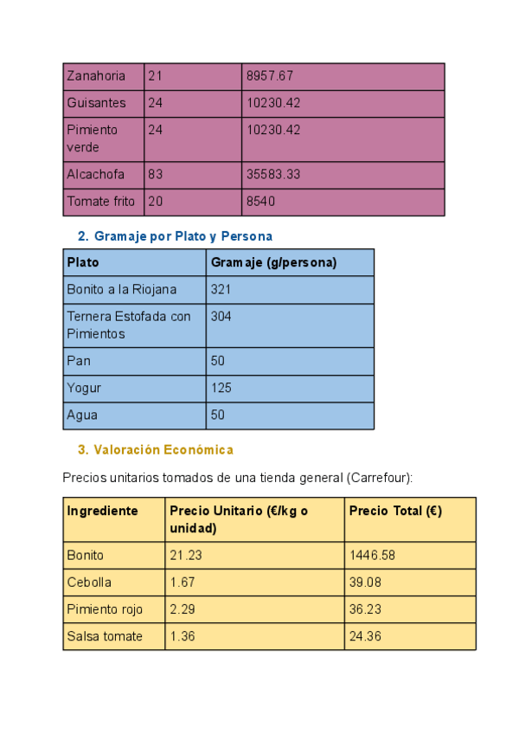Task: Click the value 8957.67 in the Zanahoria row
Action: click(x=270, y=76)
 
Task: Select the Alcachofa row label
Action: click(x=95, y=174)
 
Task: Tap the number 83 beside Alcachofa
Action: click(x=156, y=174)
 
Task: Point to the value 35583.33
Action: click(x=273, y=174)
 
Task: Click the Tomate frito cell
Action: click(x=100, y=202)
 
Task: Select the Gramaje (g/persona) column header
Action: click(x=273, y=262)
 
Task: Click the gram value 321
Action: click(x=221, y=289)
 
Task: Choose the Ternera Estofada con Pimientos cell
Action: click(x=128, y=325)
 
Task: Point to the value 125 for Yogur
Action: click(x=221, y=388)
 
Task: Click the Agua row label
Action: click(x=82, y=415)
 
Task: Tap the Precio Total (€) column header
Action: click(x=395, y=511)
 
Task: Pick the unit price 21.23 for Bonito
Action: click(x=186, y=555)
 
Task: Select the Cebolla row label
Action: click(x=89, y=582)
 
